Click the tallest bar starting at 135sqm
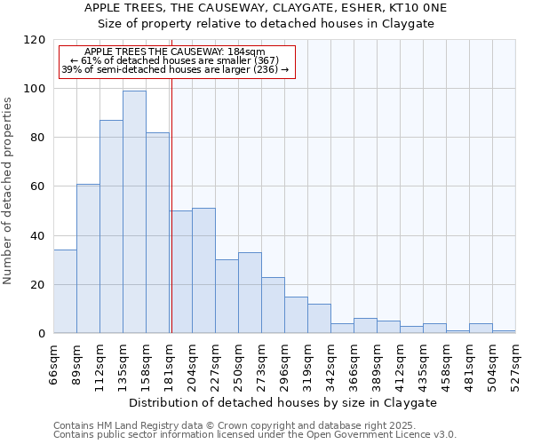click(x=134, y=212)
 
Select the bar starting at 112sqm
click(x=111, y=226)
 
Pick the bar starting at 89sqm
click(x=88, y=258)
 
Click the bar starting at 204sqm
click(x=203, y=271)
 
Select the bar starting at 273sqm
click(x=273, y=305)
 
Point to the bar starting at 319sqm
click(x=319, y=319)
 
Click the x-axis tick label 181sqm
click(x=170, y=362)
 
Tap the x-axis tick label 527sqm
click(x=516, y=362)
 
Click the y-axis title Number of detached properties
click(x=8, y=191)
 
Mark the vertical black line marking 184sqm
click(x=171, y=204)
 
